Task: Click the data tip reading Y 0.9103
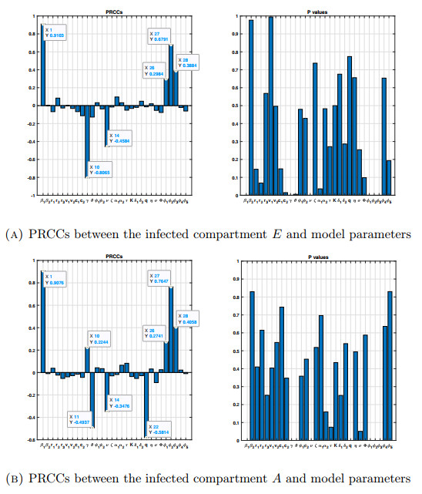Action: [x=57, y=32]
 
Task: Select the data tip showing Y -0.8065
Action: [x=101, y=170]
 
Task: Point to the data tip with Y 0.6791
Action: [x=162, y=36]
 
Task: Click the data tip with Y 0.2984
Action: [x=156, y=72]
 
